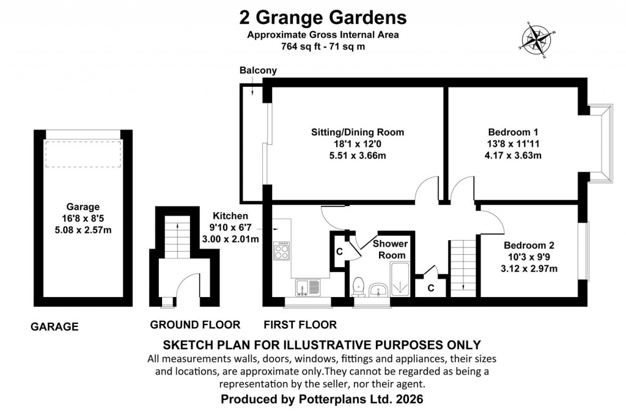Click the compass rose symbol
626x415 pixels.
tap(536, 39)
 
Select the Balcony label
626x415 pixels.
tap(258, 70)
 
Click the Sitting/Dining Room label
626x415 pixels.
tap(358, 132)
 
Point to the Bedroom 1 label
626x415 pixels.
tap(513, 132)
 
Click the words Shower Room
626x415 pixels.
tap(391, 249)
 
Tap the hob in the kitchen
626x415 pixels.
tap(282, 251)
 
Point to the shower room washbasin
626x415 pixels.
tap(379, 290)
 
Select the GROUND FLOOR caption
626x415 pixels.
tap(195, 325)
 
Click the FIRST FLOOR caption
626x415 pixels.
tap(300, 325)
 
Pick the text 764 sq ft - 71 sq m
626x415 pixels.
tap(322, 46)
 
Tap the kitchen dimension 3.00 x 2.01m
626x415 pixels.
tap(230, 239)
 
